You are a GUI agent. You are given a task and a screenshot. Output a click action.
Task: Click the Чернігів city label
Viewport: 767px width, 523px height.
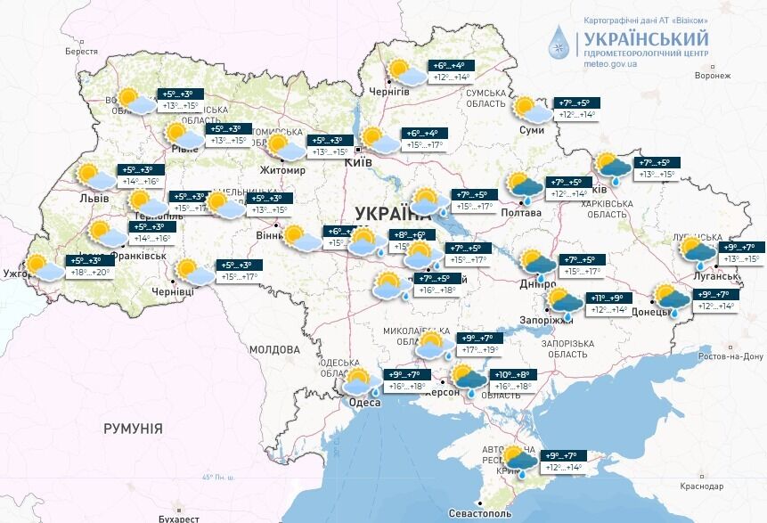(388, 92)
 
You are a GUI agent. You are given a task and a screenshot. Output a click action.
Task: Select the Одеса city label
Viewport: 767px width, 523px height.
(363, 403)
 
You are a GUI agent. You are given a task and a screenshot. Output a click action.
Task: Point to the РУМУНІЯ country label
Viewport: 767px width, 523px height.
(133, 429)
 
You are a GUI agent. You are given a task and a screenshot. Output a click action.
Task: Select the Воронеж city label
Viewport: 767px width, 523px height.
(712, 76)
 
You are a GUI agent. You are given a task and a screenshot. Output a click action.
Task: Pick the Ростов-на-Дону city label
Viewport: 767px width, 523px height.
(731, 356)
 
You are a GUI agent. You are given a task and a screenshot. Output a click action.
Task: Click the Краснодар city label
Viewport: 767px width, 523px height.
(701, 486)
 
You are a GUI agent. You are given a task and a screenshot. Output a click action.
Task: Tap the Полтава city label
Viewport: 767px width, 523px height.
(520, 213)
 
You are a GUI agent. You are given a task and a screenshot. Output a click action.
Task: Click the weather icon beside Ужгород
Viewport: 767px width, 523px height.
(43, 266)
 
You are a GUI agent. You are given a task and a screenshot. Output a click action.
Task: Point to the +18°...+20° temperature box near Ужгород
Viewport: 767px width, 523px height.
(89, 273)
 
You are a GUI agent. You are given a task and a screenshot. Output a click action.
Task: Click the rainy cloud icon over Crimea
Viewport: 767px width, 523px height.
(518, 460)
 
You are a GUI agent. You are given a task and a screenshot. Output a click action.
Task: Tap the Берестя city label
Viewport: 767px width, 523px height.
(80, 52)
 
